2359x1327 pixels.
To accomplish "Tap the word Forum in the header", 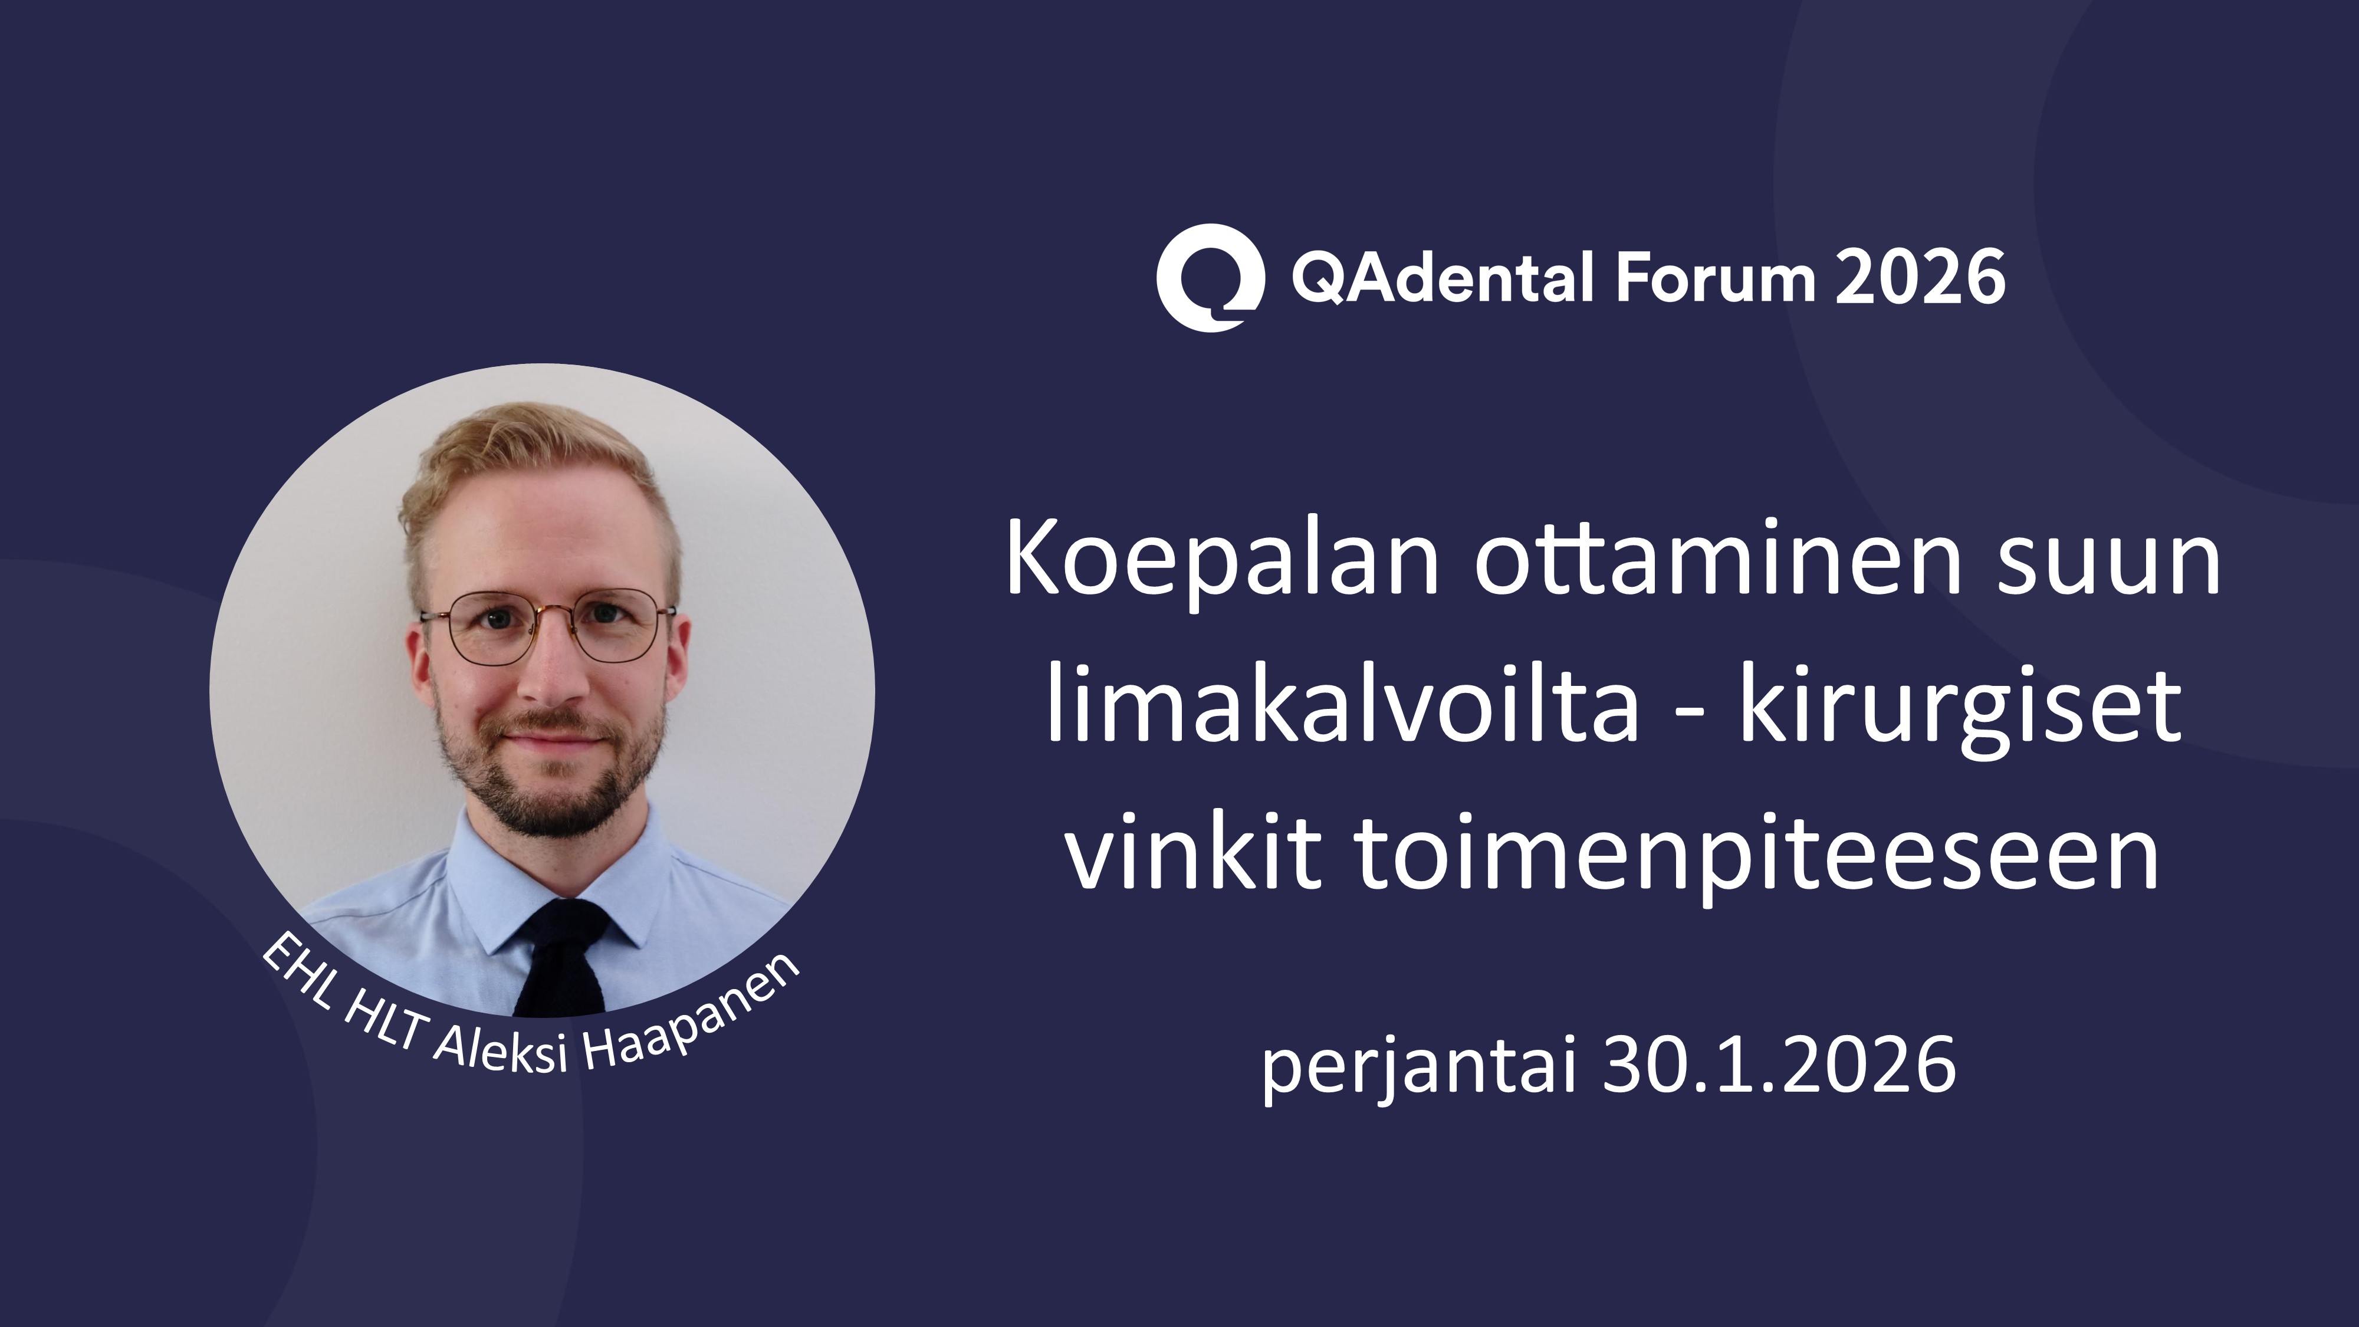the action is pos(1713,277).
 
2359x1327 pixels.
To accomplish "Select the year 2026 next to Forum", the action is pos(1920,277).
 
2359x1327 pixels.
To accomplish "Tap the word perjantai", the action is pos(1420,1067).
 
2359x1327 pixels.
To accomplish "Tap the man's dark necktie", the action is pos(560,957).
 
